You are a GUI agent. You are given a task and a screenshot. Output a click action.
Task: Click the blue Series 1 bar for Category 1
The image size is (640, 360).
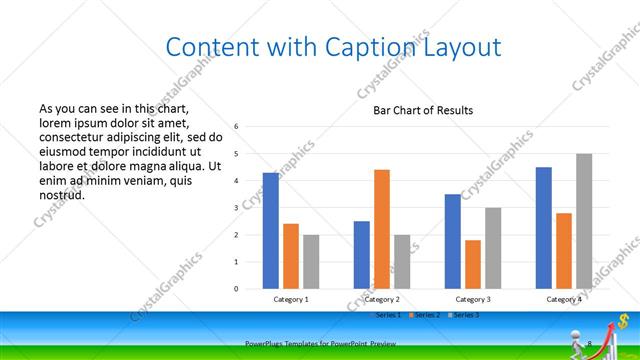pos(271,231)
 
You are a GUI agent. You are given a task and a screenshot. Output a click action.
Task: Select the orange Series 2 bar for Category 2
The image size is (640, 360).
pos(381,229)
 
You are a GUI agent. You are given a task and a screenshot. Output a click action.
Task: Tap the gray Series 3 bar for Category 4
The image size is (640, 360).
pos(584,221)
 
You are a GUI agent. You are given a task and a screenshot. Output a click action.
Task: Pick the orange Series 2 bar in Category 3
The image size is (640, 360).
pos(472,264)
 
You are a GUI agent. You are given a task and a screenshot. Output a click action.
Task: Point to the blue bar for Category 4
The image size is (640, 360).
pos(544,228)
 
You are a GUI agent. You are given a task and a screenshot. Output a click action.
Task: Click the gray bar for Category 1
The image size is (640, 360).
pos(311,262)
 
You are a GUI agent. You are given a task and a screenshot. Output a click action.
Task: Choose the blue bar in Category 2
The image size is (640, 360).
pos(361,255)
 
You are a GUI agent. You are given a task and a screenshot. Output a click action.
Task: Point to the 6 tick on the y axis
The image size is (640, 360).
pos(236,127)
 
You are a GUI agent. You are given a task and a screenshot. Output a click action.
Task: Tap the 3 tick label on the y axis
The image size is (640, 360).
pos(236,208)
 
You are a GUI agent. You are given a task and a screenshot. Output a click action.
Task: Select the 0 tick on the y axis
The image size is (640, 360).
pos(236,289)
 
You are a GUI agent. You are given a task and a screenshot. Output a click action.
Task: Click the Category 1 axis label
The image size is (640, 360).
pos(291,299)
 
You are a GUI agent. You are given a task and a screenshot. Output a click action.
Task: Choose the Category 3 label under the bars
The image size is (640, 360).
pos(473,299)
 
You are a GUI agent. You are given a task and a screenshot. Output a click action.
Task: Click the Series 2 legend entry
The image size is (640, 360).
pos(427,315)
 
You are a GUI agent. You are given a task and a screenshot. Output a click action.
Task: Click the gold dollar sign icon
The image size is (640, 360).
pos(623,321)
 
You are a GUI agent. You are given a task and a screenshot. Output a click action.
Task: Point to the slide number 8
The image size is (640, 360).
pos(590,344)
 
